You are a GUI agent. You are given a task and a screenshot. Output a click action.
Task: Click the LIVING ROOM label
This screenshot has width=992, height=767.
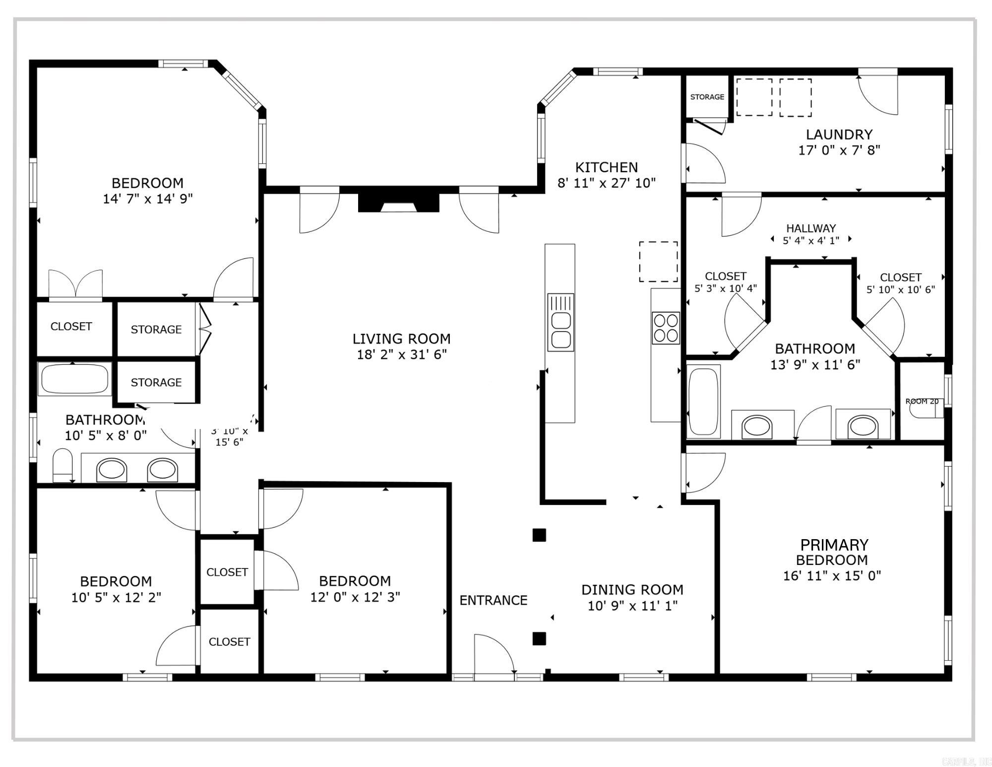point(401,339)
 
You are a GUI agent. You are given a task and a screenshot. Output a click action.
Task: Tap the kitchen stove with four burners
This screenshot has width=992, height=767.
point(666,328)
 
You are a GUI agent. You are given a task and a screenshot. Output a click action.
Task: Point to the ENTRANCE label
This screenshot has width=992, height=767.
point(493,600)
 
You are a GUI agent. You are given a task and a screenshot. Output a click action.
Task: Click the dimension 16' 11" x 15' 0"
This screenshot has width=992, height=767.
point(832,576)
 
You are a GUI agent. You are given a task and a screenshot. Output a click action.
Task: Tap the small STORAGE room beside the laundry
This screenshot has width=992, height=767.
point(707,97)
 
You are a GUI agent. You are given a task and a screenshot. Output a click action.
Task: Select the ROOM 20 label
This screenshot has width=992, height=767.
point(922,401)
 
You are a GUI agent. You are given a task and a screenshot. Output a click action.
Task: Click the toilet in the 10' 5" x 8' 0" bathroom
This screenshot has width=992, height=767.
point(62,465)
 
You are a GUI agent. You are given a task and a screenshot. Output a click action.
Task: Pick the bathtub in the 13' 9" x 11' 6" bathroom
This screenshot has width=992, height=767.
point(703,401)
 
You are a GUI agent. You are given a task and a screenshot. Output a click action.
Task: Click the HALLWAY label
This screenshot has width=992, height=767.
point(811,228)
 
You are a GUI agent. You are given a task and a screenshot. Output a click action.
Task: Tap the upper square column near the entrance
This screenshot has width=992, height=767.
point(539,535)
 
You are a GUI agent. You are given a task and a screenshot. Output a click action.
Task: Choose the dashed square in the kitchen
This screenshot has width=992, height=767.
point(658,262)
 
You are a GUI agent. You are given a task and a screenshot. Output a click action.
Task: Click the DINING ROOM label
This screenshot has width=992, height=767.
point(632,590)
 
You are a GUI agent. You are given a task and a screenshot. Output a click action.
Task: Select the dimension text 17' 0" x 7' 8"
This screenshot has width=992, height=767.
point(839,150)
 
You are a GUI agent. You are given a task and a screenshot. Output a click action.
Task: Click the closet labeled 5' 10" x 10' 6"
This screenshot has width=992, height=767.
point(900,283)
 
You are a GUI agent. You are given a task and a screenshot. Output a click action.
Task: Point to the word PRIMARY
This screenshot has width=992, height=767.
point(834,545)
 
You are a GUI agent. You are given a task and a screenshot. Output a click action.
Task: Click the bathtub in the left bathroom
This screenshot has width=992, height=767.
point(74,379)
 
